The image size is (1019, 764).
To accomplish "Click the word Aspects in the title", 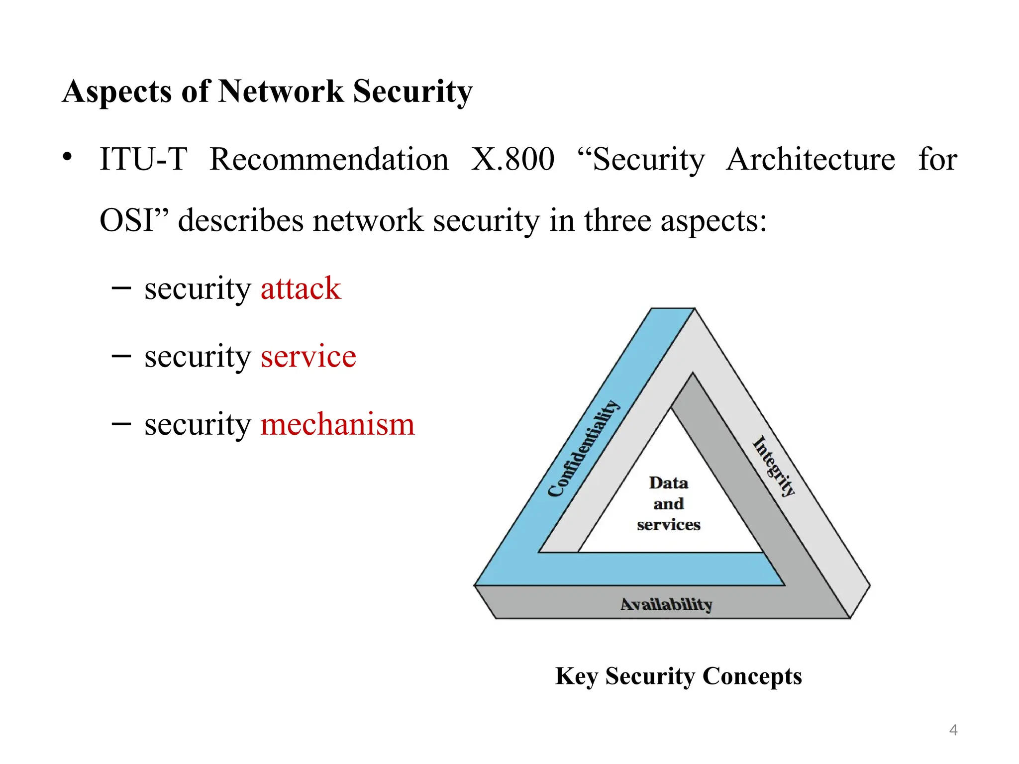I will pos(116,93).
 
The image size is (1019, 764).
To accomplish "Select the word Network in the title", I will pos(281,92).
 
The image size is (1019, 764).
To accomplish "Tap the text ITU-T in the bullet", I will pos(143,160).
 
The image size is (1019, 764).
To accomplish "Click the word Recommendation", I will pos(329,160).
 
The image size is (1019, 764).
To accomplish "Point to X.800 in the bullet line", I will pos(512,160).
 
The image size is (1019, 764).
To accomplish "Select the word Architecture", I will pos(811,160).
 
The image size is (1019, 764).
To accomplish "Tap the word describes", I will pos(241,220).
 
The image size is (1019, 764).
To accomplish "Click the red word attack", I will pos(301,288).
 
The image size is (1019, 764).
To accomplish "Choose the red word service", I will pos(308,356).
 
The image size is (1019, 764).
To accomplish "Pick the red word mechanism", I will pos(337,424).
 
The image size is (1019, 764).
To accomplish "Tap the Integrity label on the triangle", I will pos(774,466).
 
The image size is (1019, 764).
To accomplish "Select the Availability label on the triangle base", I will pos(666,604).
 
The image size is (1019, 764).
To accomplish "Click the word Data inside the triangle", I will pos(668,482).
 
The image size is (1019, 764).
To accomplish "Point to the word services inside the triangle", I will pos(668,525).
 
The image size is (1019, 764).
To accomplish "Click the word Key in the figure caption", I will pos(576,676).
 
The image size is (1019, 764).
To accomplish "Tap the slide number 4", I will pos(953,730).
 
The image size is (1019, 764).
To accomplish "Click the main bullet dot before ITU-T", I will pos(67,157).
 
